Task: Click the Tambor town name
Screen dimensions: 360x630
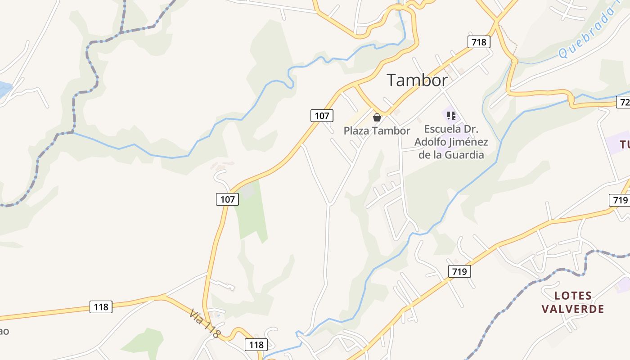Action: [417, 80]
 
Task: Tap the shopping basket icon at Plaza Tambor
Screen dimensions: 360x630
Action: [377, 117]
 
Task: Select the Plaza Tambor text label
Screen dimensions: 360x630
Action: [377, 131]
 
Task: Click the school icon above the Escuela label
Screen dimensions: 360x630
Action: [451, 116]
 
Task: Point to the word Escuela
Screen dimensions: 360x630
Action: [443, 129]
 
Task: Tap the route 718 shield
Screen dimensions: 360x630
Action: [479, 42]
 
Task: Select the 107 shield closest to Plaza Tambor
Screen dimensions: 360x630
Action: [322, 116]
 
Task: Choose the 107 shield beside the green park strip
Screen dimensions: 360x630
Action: [227, 199]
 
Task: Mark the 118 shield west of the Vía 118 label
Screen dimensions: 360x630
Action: [101, 307]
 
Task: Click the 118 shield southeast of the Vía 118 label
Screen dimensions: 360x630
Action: [256, 345]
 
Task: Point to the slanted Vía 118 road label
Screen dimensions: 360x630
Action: [205, 324]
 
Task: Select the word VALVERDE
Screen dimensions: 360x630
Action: [573, 309]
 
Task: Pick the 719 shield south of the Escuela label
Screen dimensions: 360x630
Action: [459, 271]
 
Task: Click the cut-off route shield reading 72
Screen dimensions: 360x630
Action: [623, 103]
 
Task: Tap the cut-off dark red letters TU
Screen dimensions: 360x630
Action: [625, 144]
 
